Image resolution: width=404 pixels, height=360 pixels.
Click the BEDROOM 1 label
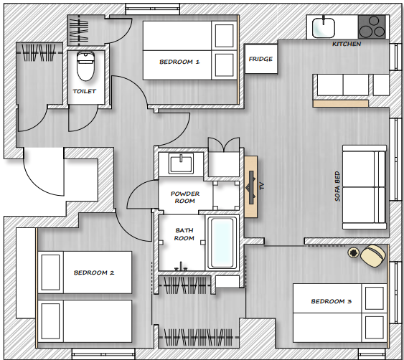click(179, 62)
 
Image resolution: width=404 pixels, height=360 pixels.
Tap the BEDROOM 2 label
click(94, 273)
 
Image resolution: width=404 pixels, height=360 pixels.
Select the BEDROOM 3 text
click(331, 302)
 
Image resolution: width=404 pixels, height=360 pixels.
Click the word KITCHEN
click(346, 44)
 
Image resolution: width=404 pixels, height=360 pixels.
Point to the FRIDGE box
click(260, 59)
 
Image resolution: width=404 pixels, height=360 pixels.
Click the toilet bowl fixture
click(85, 66)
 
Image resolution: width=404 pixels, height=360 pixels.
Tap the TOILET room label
click(85, 92)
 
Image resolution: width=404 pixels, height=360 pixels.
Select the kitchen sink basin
click(324, 27)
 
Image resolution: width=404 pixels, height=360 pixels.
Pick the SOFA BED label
click(337, 186)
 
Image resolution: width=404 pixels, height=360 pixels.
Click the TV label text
click(262, 186)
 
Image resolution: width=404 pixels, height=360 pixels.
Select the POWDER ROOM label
click(184, 197)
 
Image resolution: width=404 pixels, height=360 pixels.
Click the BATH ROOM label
click(184, 234)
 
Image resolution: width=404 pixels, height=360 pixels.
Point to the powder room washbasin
click(181, 163)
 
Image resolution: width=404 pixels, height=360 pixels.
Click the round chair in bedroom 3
click(372, 255)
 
